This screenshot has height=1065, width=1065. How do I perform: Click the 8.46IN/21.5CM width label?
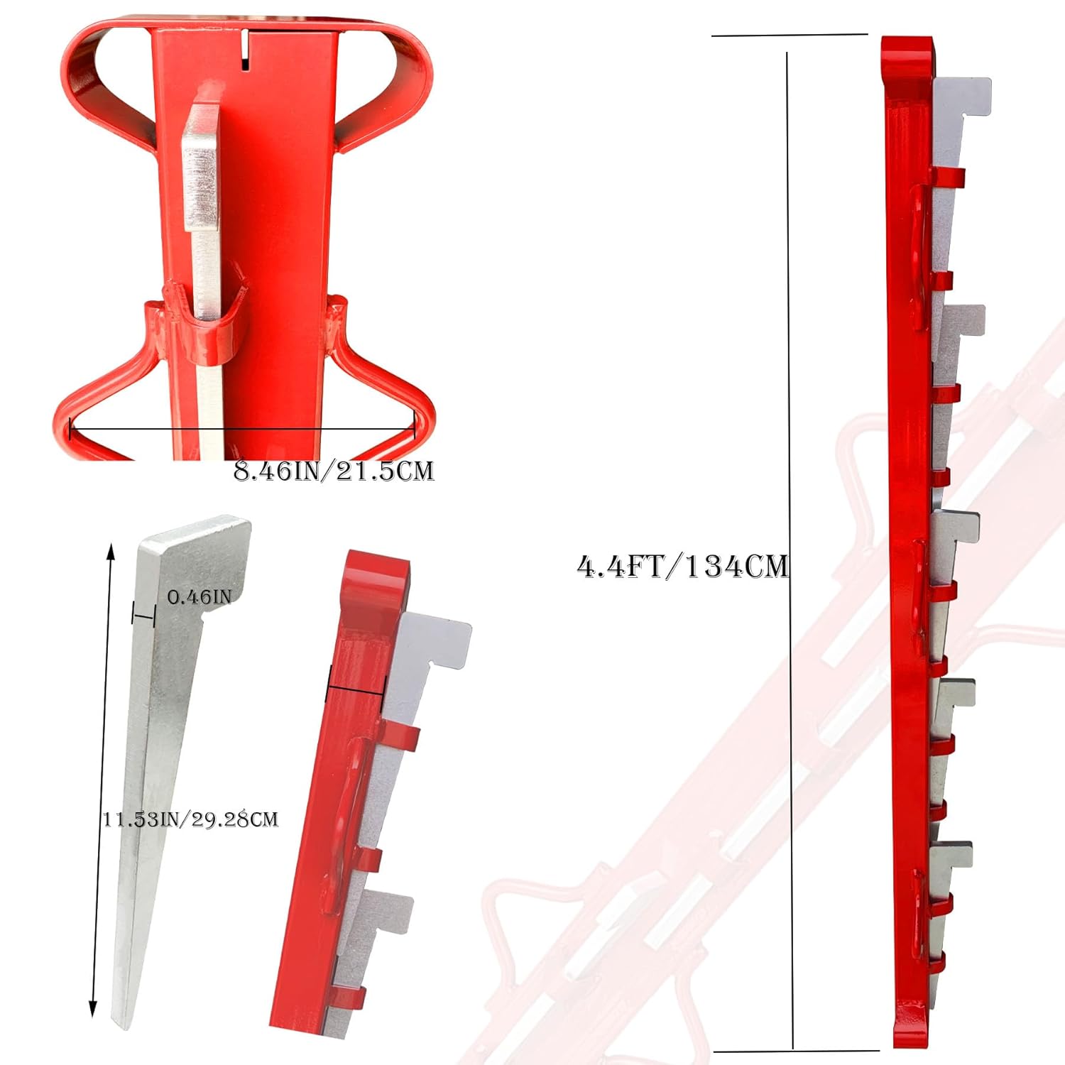tap(334, 471)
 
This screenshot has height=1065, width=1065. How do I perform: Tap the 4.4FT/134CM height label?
tap(682, 567)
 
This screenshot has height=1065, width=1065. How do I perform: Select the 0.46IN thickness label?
tap(200, 596)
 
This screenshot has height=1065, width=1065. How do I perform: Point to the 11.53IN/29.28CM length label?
tap(190, 819)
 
